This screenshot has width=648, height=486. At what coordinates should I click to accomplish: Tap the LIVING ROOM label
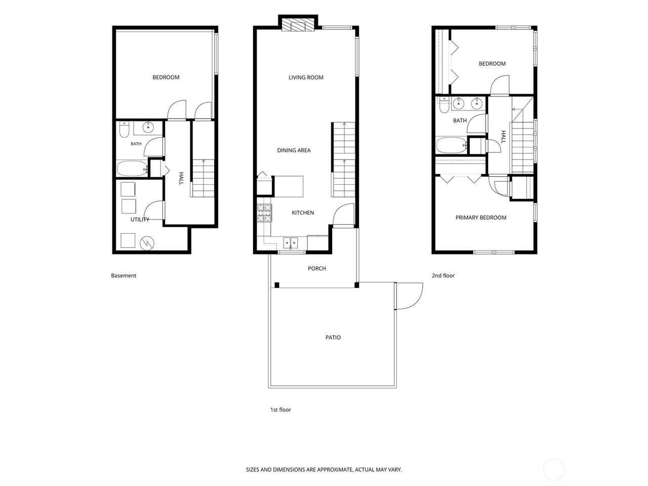coord(306,77)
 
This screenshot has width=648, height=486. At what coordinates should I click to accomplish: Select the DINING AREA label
coord(294,150)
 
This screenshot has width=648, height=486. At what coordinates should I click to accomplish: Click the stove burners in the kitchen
coord(264,213)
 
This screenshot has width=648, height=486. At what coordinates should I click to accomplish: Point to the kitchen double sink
coord(291,243)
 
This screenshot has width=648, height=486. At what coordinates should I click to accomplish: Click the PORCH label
coord(317,268)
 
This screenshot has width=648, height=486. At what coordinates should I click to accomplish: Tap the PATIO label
coord(333,337)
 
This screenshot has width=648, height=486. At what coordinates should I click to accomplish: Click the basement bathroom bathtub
coord(132,168)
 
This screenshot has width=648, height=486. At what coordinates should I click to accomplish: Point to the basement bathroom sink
coord(148,128)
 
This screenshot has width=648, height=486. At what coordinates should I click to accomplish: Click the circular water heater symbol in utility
coord(147,244)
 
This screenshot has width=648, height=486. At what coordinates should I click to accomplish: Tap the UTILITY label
coord(140,220)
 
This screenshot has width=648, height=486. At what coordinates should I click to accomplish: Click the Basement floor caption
coord(124,275)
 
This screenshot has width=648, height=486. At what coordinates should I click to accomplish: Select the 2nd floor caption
coord(443,275)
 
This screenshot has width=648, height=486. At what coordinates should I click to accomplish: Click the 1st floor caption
coord(280,410)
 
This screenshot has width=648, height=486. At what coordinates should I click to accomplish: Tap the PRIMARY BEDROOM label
coord(481,218)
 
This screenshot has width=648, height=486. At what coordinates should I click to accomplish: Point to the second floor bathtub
coord(452,145)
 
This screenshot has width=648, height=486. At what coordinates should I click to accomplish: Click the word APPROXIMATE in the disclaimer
coord(335,469)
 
